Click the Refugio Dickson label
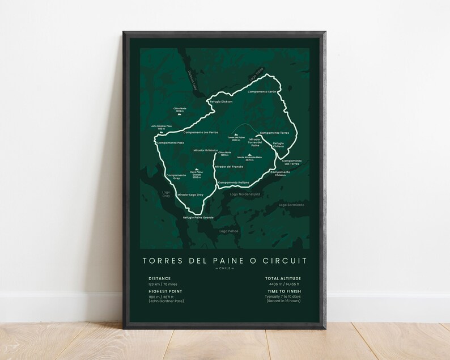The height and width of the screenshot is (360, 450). point(221,101)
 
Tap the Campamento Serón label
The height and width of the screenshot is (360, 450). point(262,92)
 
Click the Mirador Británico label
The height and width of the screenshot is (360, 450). point(206,150)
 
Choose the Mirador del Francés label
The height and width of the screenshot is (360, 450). point(229,167)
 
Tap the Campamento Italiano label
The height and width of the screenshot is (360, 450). point(234,182)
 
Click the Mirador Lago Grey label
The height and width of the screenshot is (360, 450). point(190,194)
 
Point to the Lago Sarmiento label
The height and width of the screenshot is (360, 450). point(291,204)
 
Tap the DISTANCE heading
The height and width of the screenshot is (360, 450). point(159,278)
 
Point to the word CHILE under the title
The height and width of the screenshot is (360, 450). point(225,269)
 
